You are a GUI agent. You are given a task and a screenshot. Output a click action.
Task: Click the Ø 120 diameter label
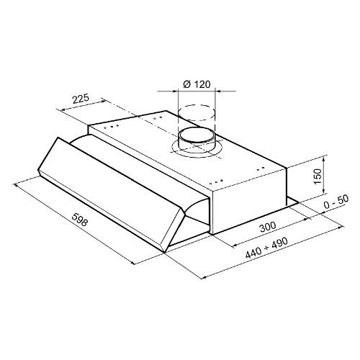(x=197, y=84)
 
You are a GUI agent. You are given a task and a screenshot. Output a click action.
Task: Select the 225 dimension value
(x=81, y=99)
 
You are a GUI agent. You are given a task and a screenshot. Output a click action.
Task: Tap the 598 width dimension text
(x=79, y=220)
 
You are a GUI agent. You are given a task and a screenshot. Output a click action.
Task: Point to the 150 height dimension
(x=318, y=176)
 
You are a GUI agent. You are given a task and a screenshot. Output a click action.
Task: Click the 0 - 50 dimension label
(x=336, y=202)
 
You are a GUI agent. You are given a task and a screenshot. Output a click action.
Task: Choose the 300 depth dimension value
(x=268, y=227)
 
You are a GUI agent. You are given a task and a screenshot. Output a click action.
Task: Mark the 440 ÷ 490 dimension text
(x=266, y=248)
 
